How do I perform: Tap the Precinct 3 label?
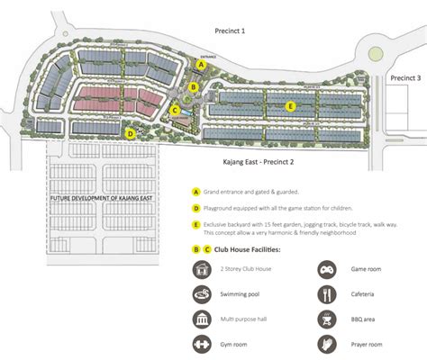pyautogui.click(x=404, y=78)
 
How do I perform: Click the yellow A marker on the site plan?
pyautogui.click(x=202, y=64)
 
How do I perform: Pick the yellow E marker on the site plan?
pyautogui.click(x=290, y=105)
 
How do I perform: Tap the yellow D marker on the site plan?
pyautogui.click(x=131, y=133)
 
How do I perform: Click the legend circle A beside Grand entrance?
pyautogui.click(x=195, y=191)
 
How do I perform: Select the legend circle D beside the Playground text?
pyautogui.click(x=195, y=208)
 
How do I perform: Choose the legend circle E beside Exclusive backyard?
pyautogui.click(x=195, y=224)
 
